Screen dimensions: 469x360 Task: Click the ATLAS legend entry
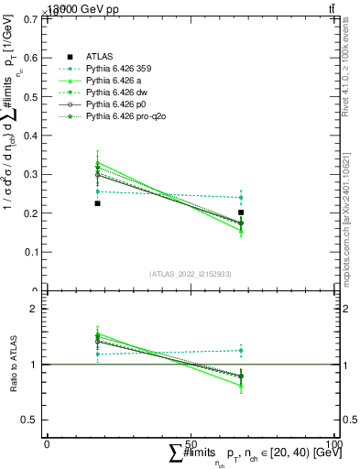pos(100,56)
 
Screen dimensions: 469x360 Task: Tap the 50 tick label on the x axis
pos(191,443)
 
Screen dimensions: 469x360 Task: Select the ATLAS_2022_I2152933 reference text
pos(190,274)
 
